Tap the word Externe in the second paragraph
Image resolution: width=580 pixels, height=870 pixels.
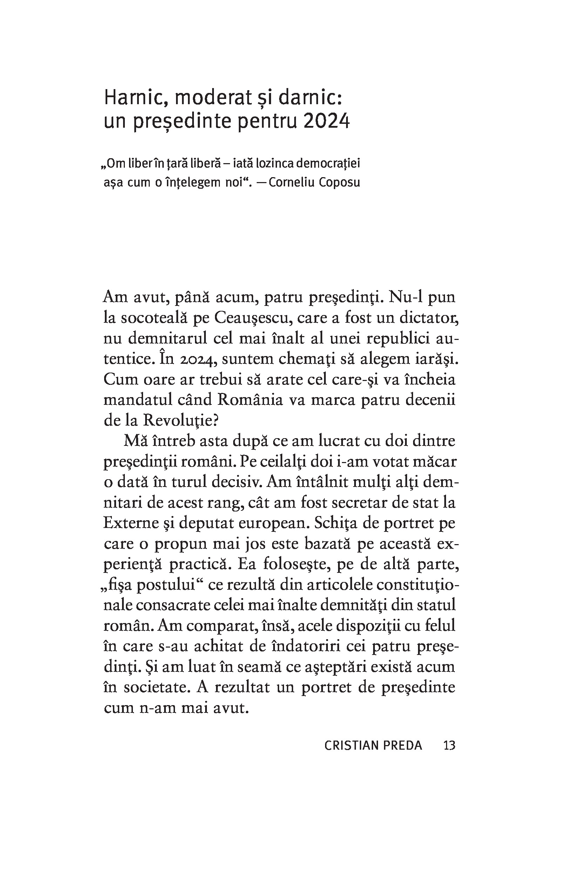pyautogui.click(x=129, y=523)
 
